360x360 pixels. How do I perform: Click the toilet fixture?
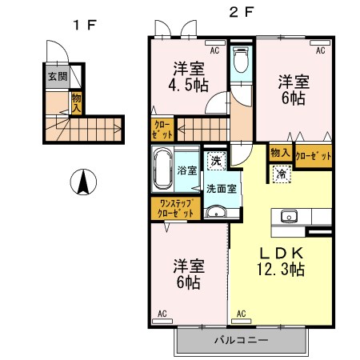coord(241,60)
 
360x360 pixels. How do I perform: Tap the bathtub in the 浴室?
coord(162,169)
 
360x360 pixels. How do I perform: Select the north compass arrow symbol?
coord(83,182)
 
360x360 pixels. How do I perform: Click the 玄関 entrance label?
coord(58,77)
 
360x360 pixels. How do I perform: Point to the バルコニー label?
coord(241,340)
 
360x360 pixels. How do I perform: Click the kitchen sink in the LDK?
coord(289,216)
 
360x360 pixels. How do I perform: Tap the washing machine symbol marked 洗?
coord(216,161)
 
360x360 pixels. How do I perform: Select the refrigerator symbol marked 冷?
coord(282,174)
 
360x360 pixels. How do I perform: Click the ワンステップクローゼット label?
coord(175,208)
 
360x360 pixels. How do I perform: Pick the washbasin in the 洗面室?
coord(216,213)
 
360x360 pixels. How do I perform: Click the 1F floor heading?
coord(85,26)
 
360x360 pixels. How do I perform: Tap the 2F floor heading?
coord(242,12)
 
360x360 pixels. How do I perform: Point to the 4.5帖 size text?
coord(188,86)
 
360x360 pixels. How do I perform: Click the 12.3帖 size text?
coord(281,269)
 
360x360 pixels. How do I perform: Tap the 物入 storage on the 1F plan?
coord(77,103)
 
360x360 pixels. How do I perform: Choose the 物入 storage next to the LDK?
coord(281,153)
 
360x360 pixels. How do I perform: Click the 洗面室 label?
coord(222,189)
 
